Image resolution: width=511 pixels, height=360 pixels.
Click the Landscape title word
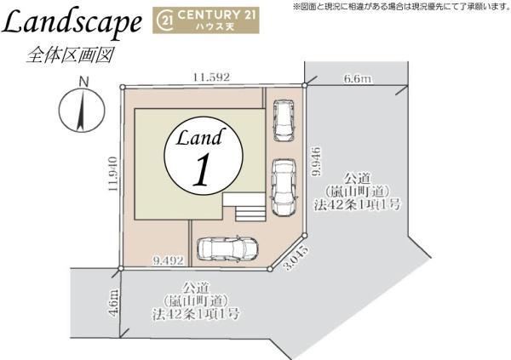click(72, 25)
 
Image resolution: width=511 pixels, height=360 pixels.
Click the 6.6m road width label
click(358, 79)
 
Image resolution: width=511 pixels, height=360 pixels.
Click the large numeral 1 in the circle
click(202, 172)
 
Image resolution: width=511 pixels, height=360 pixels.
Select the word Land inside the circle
click(202, 137)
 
